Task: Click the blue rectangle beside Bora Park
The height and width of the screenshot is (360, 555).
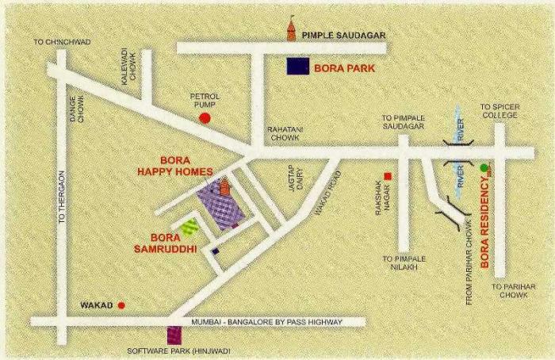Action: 298,67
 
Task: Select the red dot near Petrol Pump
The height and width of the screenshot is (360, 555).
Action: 205,118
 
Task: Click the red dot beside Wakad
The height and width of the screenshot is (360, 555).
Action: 121,304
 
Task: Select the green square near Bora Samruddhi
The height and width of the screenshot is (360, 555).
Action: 189,227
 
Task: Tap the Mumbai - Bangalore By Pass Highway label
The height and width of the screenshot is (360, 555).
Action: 266,322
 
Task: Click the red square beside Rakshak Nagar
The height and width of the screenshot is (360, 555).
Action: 388,176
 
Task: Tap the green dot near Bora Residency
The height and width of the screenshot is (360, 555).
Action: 484,167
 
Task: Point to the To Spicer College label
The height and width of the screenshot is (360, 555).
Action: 499,110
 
